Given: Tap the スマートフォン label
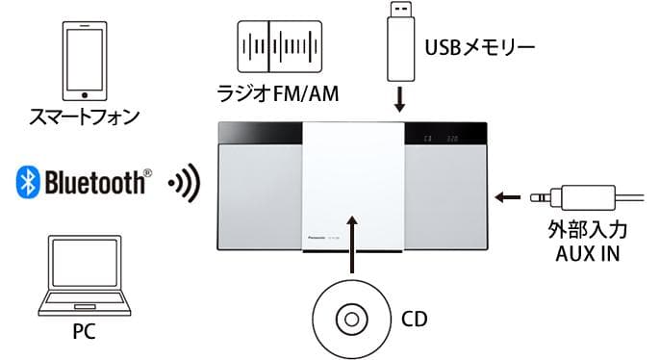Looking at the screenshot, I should [85, 118].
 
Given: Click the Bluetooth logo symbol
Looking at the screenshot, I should [27, 182].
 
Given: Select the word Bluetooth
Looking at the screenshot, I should [94, 182].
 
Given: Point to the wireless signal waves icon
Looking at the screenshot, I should [182, 183].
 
